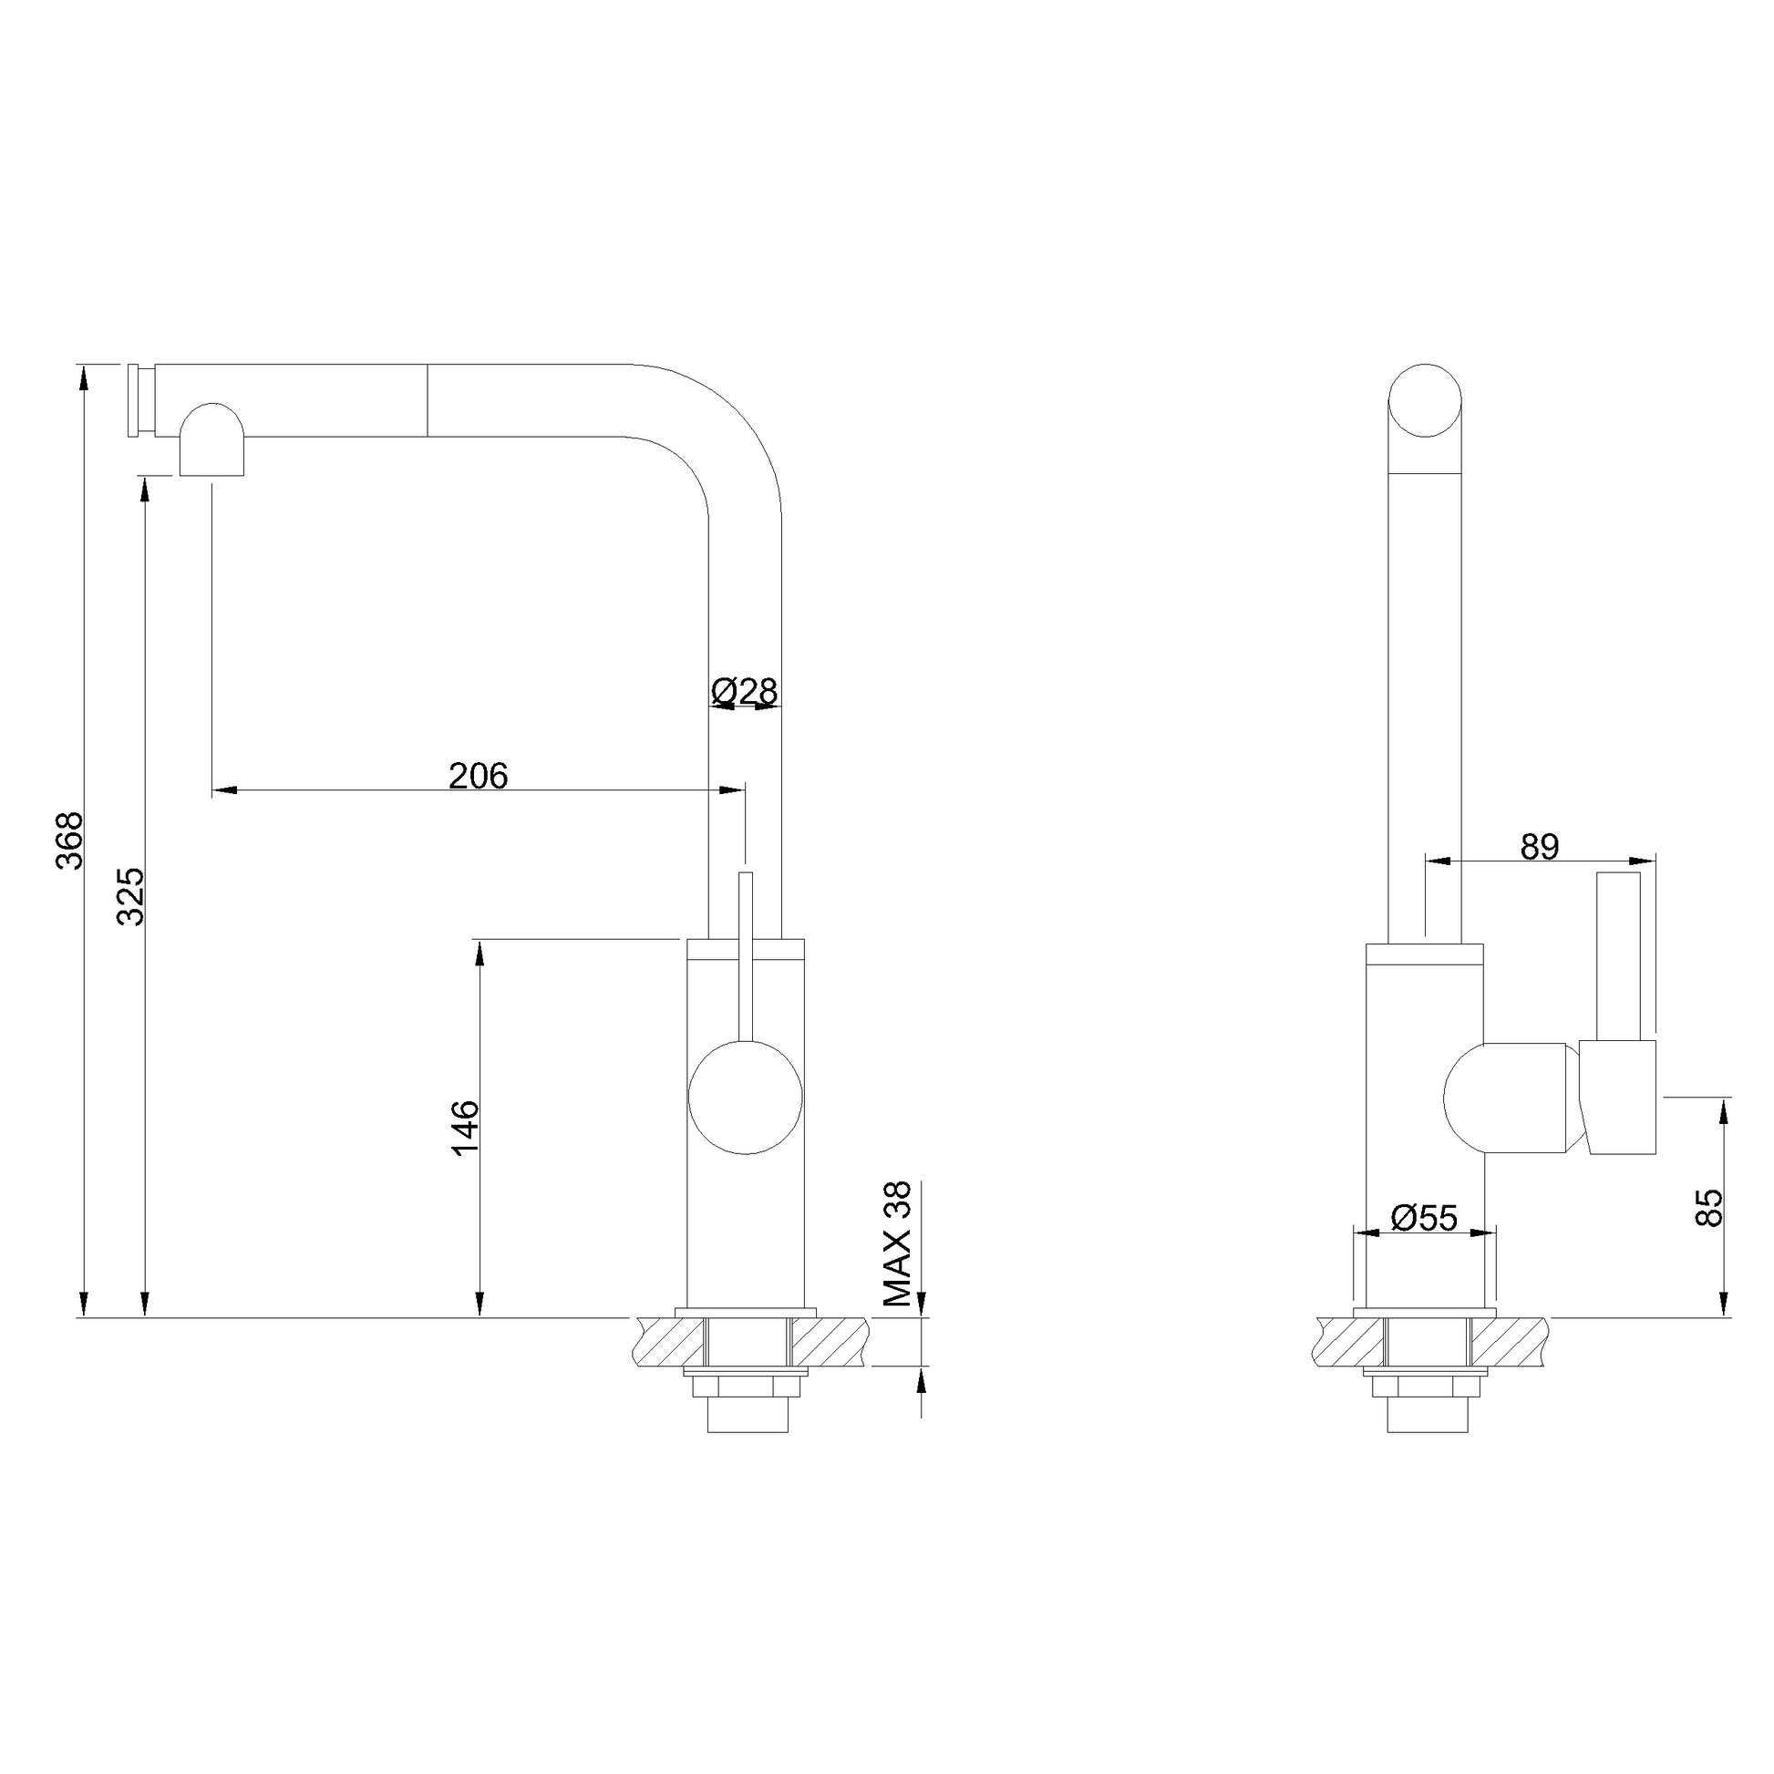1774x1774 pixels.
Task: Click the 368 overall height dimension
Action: tap(71, 840)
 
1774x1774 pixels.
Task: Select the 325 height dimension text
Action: tap(130, 896)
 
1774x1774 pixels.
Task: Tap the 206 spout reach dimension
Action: tap(478, 776)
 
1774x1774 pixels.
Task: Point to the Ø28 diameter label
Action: tap(745, 690)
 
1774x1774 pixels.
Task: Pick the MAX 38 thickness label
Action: tap(897, 1243)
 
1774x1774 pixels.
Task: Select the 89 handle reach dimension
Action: tap(1540, 847)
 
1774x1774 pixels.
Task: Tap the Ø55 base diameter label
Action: tap(1424, 1218)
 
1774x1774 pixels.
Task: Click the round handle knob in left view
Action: tap(746, 1098)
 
